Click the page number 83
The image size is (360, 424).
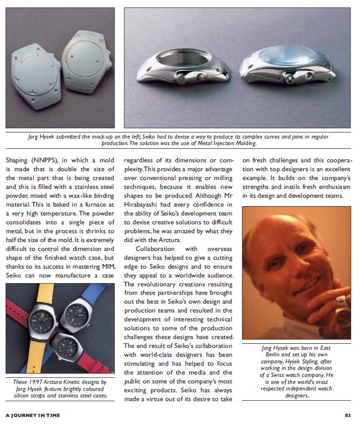(x=347, y=415)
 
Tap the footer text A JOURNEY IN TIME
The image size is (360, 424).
(x=33, y=415)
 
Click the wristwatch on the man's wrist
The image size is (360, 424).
(x=343, y=310)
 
